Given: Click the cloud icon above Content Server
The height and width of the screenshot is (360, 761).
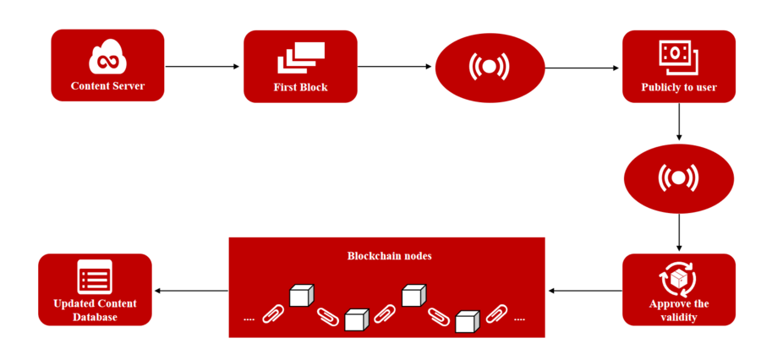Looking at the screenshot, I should click(x=107, y=59).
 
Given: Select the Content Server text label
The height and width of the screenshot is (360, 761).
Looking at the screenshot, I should click(x=107, y=86).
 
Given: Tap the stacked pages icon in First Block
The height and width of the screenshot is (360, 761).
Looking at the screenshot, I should click(x=300, y=57).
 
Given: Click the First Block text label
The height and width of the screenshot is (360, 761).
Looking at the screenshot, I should click(x=300, y=87).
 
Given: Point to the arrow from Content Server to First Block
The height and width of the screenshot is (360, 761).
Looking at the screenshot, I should click(x=203, y=67).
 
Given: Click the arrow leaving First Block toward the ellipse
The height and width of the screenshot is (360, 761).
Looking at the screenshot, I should click(x=395, y=67).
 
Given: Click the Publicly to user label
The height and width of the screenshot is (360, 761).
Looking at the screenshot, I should click(x=679, y=87).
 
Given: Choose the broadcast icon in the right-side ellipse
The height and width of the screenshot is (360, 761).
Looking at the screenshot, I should click(x=678, y=177).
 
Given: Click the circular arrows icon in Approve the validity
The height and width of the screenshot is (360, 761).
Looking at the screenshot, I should click(x=678, y=278).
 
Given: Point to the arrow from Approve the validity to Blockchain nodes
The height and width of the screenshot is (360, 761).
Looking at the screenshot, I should click(x=584, y=292).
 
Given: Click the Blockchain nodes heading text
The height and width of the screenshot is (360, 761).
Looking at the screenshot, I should click(x=390, y=255).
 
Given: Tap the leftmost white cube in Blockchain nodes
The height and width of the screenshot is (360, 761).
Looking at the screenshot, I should click(x=301, y=295).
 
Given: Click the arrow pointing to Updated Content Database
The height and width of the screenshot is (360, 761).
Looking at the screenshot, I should click(x=191, y=292).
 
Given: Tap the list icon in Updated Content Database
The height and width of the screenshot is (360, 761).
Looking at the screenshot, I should click(x=95, y=277).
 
